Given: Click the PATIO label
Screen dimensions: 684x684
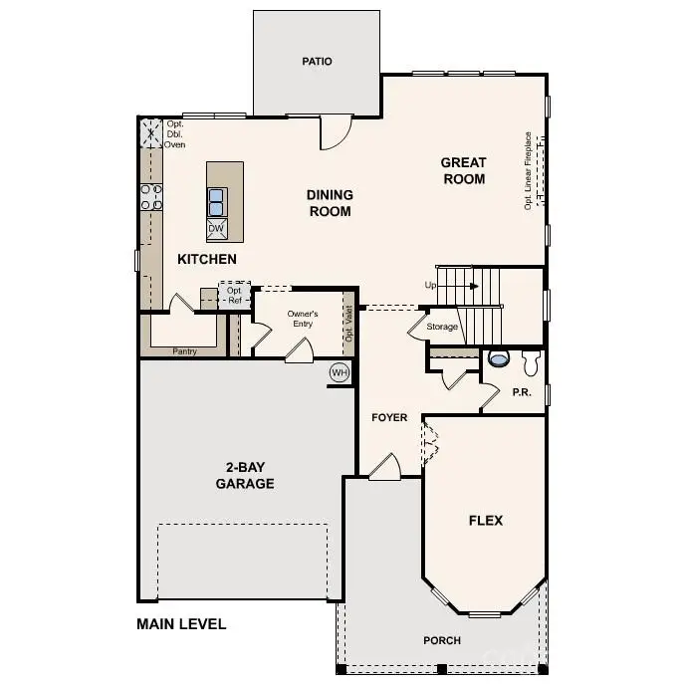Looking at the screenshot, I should click(x=317, y=62).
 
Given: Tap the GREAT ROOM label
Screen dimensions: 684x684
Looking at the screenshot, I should click(x=464, y=170).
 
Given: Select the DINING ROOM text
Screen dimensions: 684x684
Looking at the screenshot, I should click(x=330, y=203).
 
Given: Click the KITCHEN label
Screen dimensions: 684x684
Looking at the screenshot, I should click(x=207, y=259).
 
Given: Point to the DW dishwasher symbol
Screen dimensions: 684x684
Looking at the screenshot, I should click(x=216, y=229).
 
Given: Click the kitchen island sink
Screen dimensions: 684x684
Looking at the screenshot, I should click(x=216, y=201).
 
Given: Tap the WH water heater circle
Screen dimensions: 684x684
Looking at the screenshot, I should click(x=340, y=372).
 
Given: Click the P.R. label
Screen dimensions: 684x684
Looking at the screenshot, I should click(x=522, y=392).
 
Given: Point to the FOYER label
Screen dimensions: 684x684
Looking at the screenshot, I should click(x=389, y=417).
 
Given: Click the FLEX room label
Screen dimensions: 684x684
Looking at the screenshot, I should click(x=486, y=520).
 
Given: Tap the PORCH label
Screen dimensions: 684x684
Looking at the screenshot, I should click(x=442, y=640).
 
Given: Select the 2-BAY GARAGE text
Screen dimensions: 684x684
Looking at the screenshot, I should click(x=245, y=475).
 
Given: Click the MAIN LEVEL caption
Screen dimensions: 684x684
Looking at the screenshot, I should click(x=181, y=624).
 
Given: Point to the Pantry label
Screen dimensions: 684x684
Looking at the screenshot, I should click(x=184, y=351).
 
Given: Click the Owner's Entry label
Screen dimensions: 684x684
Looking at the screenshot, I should click(x=302, y=319).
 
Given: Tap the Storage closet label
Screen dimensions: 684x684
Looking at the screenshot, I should click(x=443, y=327).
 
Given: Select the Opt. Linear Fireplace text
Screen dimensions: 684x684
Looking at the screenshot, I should click(x=529, y=170).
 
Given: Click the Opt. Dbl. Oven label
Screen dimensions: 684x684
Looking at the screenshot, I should click(x=175, y=134).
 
